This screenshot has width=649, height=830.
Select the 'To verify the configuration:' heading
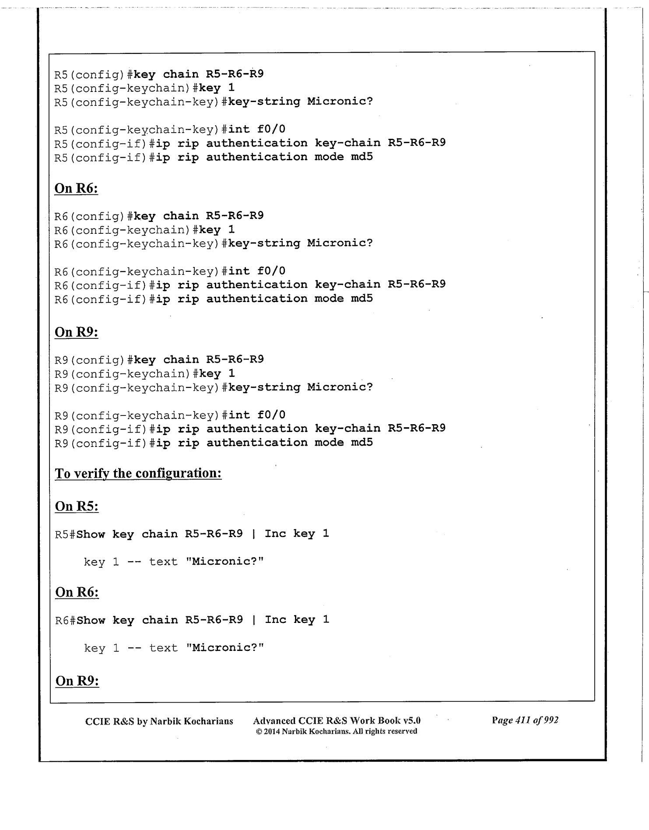138,474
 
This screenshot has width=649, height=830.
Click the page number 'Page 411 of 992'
525,720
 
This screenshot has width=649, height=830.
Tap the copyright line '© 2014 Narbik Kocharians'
336,732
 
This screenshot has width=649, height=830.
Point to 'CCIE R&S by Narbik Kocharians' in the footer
159,721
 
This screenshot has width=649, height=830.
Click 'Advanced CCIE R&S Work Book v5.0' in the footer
337,721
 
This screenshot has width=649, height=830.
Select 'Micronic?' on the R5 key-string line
340,102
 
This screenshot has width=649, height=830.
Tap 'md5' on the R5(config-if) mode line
361,157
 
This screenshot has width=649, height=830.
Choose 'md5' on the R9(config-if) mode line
361,443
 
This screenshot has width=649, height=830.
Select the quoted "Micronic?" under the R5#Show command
225,562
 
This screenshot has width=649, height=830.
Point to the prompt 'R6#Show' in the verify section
80,620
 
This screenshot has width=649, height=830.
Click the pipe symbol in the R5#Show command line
254,534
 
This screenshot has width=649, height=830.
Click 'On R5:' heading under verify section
77,506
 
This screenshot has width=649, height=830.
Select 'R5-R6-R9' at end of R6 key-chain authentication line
416,285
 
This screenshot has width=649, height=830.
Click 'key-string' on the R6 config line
264,243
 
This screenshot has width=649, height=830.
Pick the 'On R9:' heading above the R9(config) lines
76,332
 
